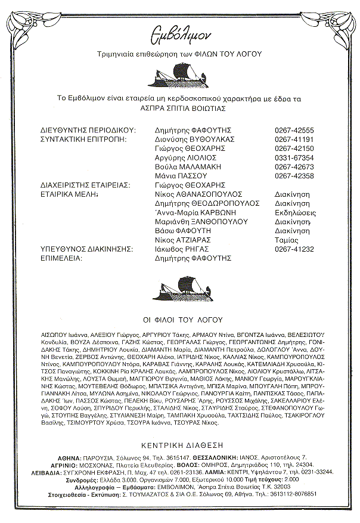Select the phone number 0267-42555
click(x=294, y=129)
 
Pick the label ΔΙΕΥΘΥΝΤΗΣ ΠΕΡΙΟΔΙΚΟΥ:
click(x=89, y=129)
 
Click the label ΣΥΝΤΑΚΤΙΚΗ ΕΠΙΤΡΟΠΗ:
click(x=88, y=139)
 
